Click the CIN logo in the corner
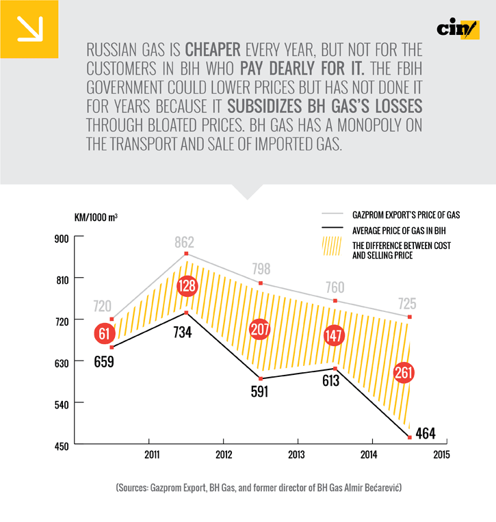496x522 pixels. pyautogui.click(x=458, y=29)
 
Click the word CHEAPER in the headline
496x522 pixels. pyautogui.click(x=213, y=50)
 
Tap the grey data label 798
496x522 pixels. pyautogui.click(x=261, y=268)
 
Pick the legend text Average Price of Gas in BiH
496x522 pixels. pyautogui.click(x=397, y=231)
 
